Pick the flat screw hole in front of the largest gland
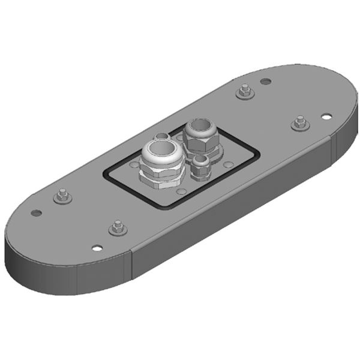(180, 191)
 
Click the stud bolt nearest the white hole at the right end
(299, 124)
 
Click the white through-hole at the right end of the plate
(325, 116)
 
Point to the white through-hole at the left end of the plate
(97, 247)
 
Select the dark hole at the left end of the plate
(37, 212)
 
